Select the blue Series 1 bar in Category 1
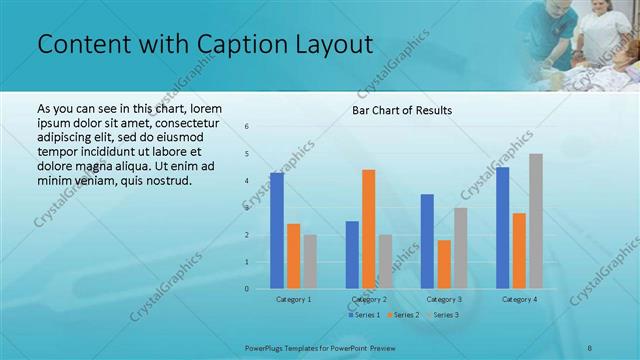coord(277,231)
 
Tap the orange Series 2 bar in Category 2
coord(368,229)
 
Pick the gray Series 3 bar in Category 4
coord(536,221)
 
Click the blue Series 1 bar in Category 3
coord(427,241)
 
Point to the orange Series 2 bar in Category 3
coord(444,264)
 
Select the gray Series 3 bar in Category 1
coord(310,262)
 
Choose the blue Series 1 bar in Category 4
coord(502,228)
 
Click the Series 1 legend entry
coord(365,315)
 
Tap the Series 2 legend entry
coord(403,315)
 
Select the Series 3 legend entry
coord(441,315)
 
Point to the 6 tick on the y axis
coord(247,127)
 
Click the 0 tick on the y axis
coord(247,289)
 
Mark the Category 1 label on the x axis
coord(293,299)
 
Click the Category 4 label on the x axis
coord(519,299)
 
